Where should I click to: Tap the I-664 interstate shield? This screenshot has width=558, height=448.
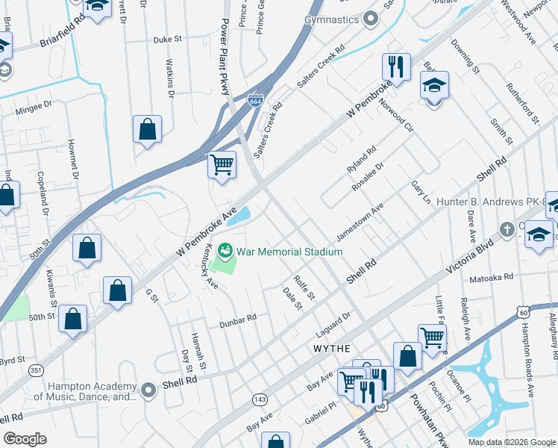pyautogui.click(x=255, y=99)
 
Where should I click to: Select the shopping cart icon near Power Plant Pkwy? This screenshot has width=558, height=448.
pyautogui.click(x=222, y=164)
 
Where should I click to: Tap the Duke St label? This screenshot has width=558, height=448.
pyautogui.click(x=168, y=40)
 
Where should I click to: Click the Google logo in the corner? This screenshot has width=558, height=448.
pyautogui.click(x=25, y=439)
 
